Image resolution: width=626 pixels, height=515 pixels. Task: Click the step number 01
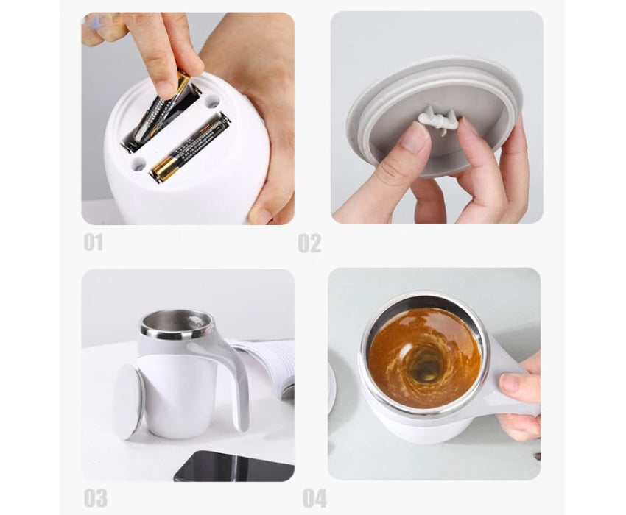(93, 243)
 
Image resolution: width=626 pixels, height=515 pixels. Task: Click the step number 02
(309, 243)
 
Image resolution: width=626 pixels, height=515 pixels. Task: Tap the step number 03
(95, 497)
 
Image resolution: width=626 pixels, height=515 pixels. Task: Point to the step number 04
(314, 498)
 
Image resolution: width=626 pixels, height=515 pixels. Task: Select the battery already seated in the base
(189, 147)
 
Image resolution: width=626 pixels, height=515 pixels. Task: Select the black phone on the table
(233, 466)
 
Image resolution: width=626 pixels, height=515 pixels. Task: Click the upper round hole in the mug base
(211, 102)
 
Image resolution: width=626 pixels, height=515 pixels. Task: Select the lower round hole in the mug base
(138, 163)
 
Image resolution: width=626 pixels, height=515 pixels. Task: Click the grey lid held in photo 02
(435, 116)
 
